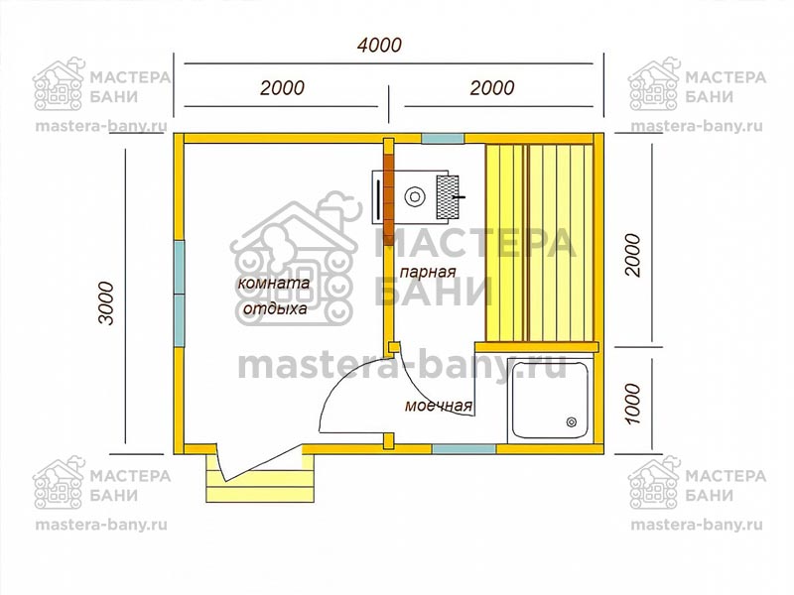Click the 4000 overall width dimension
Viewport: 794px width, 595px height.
click(379, 45)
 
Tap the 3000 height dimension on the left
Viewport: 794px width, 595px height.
click(107, 303)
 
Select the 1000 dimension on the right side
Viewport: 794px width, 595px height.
click(632, 404)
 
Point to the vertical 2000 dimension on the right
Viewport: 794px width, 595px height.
click(632, 255)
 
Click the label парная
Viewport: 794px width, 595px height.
click(428, 272)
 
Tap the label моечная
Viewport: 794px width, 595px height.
click(439, 406)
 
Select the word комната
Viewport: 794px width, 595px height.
click(274, 283)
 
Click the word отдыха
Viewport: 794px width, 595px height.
click(275, 308)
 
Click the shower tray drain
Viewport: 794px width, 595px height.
click(572, 422)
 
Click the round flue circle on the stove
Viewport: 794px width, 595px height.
click(415, 195)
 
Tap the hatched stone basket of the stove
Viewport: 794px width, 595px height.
click(448, 196)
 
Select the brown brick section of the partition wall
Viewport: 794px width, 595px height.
click(388, 198)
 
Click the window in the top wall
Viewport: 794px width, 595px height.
click(443, 138)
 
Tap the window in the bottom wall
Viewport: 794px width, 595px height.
click(464, 449)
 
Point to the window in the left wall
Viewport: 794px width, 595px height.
click(180, 294)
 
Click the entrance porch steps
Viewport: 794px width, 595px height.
click(261, 478)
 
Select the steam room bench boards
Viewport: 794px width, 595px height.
click(539, 242)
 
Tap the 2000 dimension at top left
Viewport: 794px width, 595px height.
click(282, 88)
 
